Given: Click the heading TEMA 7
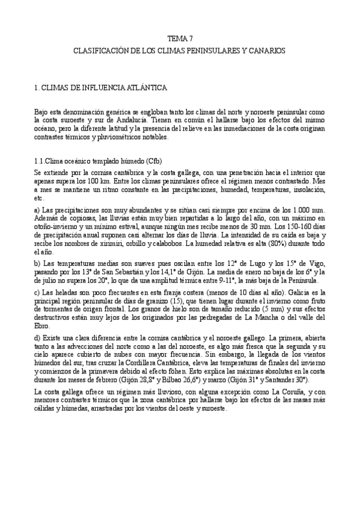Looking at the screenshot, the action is pos(180,37).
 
